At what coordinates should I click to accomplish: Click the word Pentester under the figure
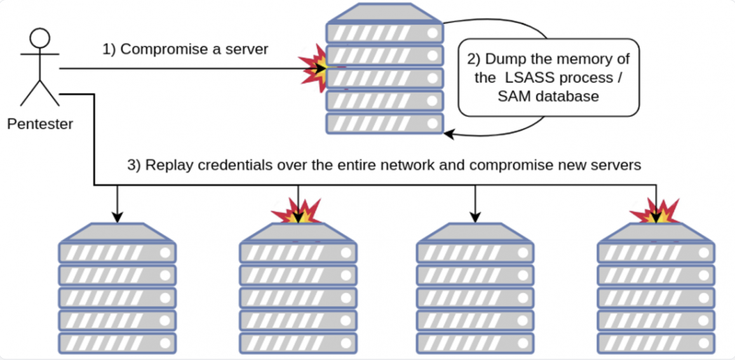[x=40, y=124]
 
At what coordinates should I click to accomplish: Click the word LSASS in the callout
[x=530, y=78]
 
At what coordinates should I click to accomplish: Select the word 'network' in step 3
[x=427, y=165]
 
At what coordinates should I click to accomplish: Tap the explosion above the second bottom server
[x=296, y=212]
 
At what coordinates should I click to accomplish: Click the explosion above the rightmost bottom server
[x=656, y=212]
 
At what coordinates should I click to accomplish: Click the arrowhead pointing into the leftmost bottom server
[x=117, y=218]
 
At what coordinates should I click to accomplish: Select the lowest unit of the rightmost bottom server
[x=656, y=343]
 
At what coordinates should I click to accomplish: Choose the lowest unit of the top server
[x=384, y=123]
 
